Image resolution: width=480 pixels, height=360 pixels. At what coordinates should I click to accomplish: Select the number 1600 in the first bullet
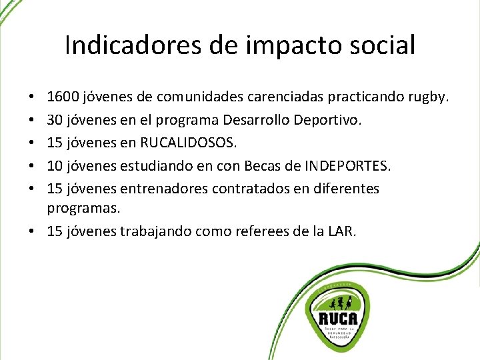click(63, 98)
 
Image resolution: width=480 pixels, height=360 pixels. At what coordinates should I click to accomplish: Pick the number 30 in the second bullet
click(55, 121)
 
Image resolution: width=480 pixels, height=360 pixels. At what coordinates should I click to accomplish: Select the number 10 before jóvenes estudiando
click(55, 166)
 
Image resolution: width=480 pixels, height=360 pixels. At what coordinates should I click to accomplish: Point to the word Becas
click(264, 166)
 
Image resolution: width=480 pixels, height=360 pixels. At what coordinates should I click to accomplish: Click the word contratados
click(251, 189)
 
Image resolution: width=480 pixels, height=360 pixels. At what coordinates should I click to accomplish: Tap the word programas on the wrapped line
click(83, 209)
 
